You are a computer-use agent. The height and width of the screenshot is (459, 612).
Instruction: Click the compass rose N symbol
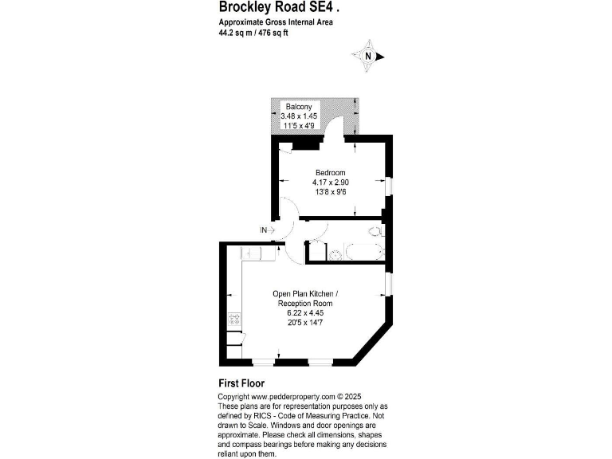point(367,57)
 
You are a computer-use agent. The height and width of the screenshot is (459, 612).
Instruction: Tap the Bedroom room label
point(330,173)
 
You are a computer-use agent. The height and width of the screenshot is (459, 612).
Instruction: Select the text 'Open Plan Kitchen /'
point(304,295)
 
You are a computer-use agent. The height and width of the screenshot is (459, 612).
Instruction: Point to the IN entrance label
point(264,230)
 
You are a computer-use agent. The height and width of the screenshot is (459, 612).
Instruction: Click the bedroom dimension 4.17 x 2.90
point(330,182)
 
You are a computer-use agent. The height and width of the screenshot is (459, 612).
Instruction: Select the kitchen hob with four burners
point(235,320)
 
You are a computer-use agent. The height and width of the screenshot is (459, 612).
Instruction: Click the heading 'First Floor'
point(241,383)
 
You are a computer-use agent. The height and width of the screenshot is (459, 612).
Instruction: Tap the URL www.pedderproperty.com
point(292,396)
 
